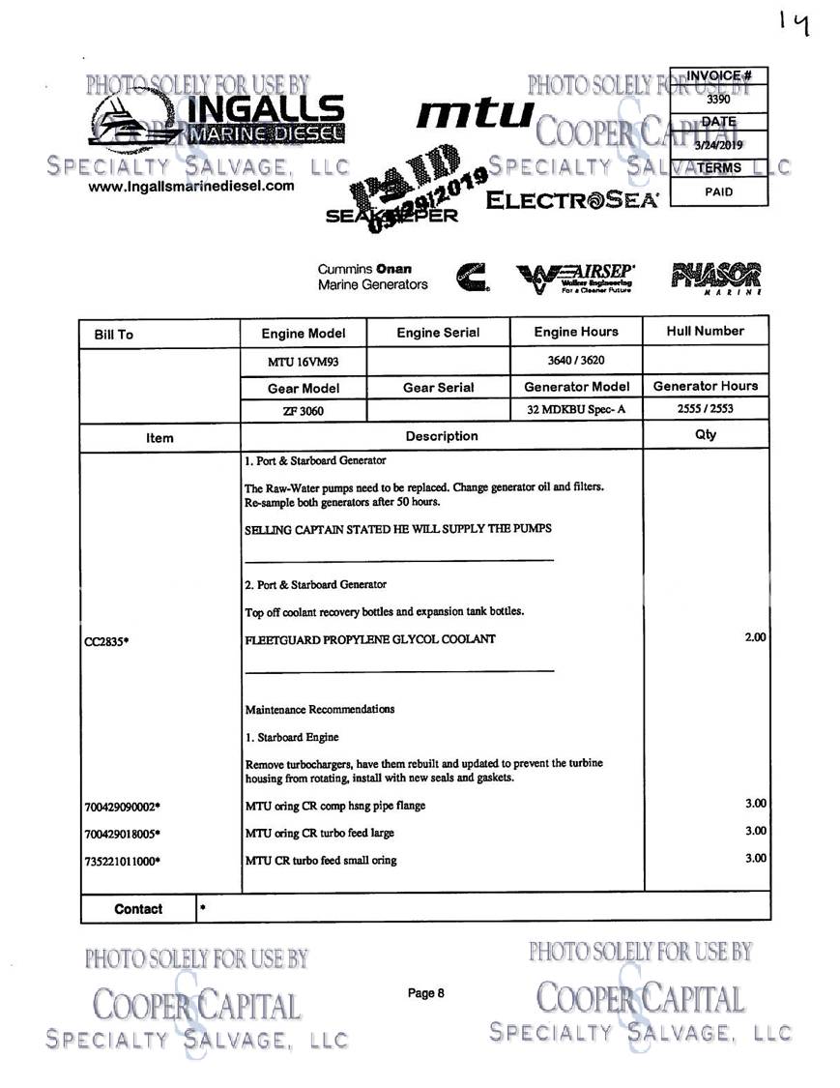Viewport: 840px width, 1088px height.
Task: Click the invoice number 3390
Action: point(718,99)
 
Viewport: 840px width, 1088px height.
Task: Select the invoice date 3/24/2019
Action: point(718,145)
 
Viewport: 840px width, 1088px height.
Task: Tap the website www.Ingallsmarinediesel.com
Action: point(191,187)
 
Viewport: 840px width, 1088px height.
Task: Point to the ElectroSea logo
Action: point(572,201)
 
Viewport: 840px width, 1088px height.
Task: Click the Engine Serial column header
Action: point(438,333)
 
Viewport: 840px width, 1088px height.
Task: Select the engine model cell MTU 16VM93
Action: point(303,361)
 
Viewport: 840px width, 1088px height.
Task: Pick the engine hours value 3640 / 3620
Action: point(576,359)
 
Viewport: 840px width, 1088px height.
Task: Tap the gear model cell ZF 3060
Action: point(303,410)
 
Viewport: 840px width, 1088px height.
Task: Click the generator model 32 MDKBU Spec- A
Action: point(576,409)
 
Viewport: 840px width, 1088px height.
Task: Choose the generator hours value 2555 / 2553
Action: point(706,408)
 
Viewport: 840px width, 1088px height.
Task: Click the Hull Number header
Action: point(706,331)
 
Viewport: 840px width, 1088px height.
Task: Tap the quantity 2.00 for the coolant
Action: point(754,636)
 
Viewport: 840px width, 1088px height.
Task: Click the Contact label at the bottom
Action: point(138,909)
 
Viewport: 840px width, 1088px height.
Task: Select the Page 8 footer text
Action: point(425,993)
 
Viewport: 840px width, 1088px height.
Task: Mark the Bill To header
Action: point(113,335)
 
